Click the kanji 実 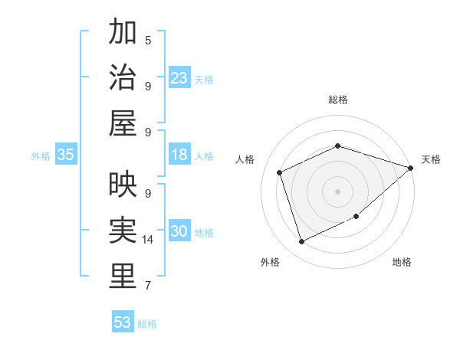[x=123, y=230]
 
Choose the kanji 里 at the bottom [x=123, y=277]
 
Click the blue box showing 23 [x=179, y=78]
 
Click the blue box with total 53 [x=123, y=322]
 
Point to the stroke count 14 [x=149, y=240]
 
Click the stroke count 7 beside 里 [x=147, y=286]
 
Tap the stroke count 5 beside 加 [x=147, y=40]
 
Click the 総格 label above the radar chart [x=337, y=100]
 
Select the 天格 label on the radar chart [x=431, y=159]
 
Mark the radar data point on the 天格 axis [x=410, y=168]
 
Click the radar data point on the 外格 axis [x=301, y=242]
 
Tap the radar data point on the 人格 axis [x=280, y=172]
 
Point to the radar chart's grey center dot [x=337, y=191]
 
